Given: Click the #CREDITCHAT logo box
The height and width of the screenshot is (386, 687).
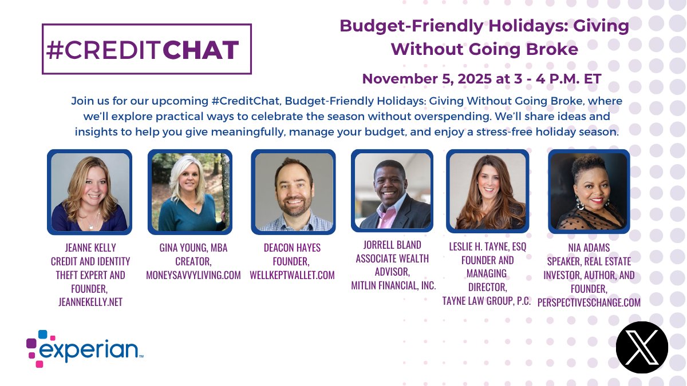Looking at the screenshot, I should [147, 49].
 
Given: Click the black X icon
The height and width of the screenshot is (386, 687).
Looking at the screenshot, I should [642, 347].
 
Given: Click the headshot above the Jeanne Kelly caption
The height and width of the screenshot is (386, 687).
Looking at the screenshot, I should [89, 192].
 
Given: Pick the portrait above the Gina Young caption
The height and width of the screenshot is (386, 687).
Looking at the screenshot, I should [189, 192].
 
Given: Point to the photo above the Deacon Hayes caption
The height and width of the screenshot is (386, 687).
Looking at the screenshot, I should [294, 192].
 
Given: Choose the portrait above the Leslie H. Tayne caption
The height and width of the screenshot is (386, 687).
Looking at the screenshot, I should [488, 192].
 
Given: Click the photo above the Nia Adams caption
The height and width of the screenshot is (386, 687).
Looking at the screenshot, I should [589, 192].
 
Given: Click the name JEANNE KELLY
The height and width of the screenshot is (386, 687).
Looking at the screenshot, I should [90, 247].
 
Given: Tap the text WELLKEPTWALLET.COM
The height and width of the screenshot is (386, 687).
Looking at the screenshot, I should [292, 275].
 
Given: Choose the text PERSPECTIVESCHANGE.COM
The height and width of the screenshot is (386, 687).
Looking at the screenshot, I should [589, 303].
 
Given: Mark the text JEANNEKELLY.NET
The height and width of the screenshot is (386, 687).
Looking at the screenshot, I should [90, 302].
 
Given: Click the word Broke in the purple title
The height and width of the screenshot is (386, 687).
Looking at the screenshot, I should [552, 49].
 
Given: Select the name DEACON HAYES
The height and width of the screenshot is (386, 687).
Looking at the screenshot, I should [292, 248].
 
